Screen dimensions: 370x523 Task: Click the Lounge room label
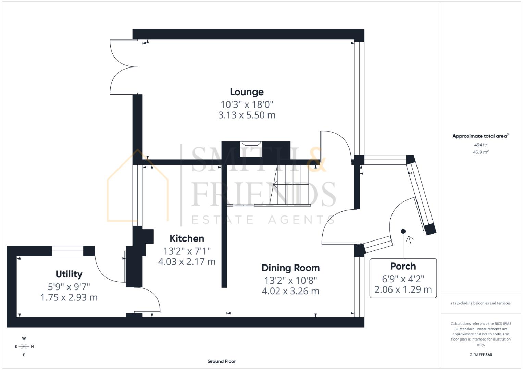pyautogui.click(x=247, y=92)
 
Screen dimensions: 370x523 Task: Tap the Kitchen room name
pyautogui.click(x=187, y=238)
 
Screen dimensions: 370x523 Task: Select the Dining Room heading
pyautogui.click(x=290, y=268)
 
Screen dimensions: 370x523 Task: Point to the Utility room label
pyautogui.click(x=69, y=274)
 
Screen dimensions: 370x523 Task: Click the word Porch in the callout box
pyautogui.click(x=403, y=266)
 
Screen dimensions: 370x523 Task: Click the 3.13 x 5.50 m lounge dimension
pyautogui.click(x=247, y=115)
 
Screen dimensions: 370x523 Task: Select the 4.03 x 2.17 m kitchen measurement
pyautogui.click(x=187, y=262)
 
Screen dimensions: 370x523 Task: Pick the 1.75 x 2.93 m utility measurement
pyautogui.click(x=69, y=297)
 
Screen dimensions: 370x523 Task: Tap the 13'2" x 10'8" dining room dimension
pyautogui.click(x=290, y=280)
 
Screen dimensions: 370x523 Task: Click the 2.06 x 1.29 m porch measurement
pyautogui.click(x=403, y=289)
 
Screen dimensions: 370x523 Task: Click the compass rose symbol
pyautogui.click(x=24, y=346)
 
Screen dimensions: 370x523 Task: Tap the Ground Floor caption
pyautogui.click(x=221, y=361)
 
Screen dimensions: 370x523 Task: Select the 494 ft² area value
pyautogui.click(x=481, y=145)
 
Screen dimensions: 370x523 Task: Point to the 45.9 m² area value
pyautogui.click(x=481, y=152)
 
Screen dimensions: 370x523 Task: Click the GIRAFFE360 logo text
pyautogui.click(x=481, y=355)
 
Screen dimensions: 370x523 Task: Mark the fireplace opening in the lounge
pyautogui.click(x=251, y=149)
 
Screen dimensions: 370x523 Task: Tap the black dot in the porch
pyautogui.click(x=403, y=231)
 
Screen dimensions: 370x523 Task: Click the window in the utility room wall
pyautogui.click(x=67, y=251)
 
